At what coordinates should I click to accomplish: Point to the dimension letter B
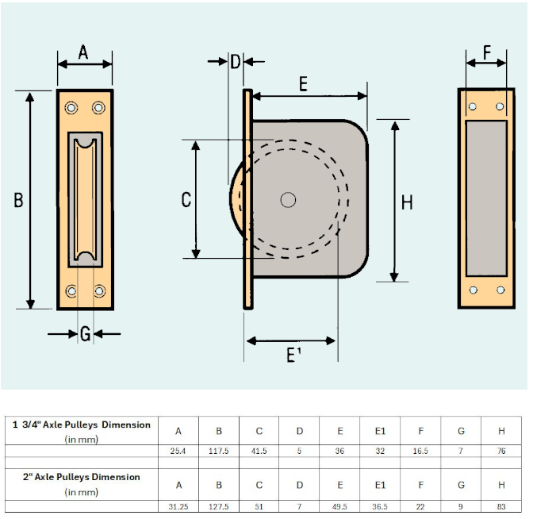point(18,201)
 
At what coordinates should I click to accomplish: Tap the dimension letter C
point(186,199)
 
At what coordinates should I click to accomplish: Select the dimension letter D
point(235,62)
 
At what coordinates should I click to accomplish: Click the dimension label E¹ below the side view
point(292,355)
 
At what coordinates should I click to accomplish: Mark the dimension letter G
point(85,334)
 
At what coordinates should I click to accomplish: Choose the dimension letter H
point(407,202)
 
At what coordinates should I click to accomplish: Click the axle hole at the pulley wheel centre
point(288,200)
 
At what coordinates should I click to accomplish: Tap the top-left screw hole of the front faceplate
point(71,107)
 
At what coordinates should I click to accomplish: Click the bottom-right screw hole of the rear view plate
point(500,290)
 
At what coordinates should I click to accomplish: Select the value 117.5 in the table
point(219,452)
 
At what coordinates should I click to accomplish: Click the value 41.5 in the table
point(259,452)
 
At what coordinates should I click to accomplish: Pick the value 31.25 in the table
point(178,506)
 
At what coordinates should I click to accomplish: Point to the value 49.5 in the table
point(339,506)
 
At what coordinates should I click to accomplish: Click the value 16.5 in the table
point(421,452)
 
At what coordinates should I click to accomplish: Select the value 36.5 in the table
point(380,506)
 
